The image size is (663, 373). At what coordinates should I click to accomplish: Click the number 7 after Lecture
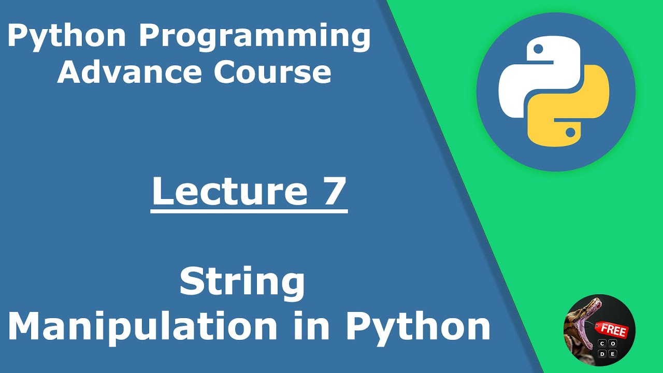click(331, 191)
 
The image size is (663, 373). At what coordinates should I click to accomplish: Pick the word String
click(242, 283)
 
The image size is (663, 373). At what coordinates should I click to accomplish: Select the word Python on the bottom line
click(417, 326)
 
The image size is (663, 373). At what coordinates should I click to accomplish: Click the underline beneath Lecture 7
click(249, 211)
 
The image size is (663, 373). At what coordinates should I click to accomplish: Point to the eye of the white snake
click(538, 50)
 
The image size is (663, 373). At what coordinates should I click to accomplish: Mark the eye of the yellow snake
click(570, 133)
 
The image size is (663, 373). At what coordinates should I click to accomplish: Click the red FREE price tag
click(613, 331)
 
